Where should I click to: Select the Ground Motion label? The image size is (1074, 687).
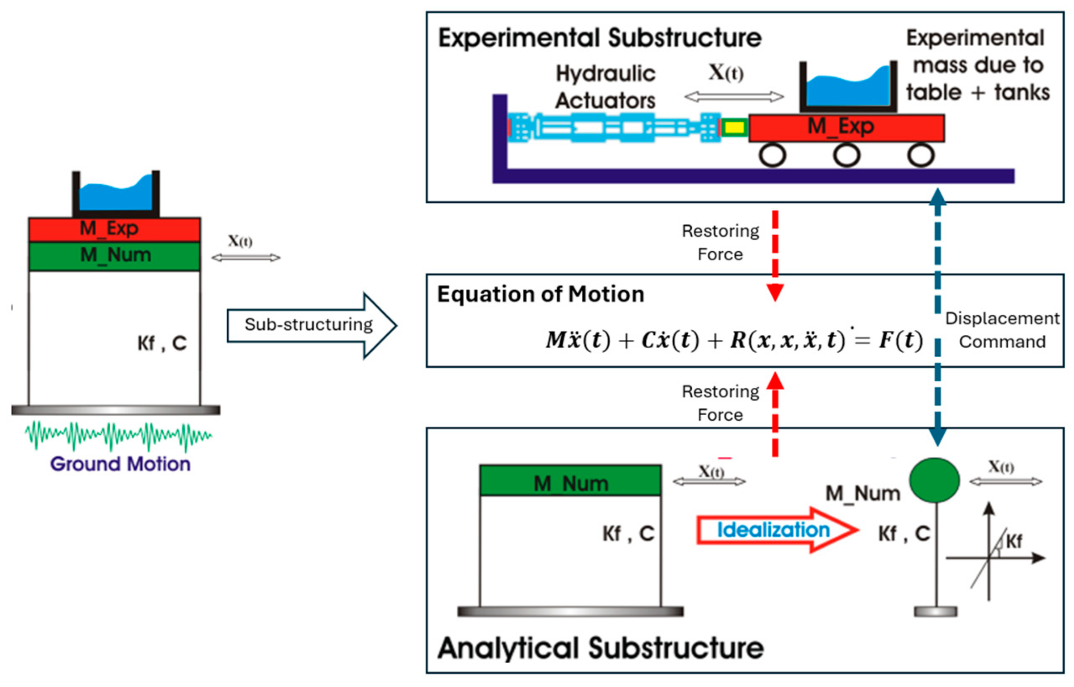click(x=120, y=464)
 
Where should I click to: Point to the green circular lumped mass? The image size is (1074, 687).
click(x=934, y=480)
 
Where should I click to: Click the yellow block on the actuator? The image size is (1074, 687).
click(x=734, y=127)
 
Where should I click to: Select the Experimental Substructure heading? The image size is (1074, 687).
click(x=600, y=38)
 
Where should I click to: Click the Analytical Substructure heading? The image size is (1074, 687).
click(x=600, y=648)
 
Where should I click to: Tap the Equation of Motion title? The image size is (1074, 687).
click(x=540, y=294)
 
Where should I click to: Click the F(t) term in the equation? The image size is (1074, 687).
click(x=900, y=340)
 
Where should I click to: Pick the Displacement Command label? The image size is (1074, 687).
click(x=1002, y=330)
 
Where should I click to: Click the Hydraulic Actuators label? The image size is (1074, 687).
click(x=605, y=87)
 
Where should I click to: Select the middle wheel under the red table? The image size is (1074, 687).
click(x=846, y=155)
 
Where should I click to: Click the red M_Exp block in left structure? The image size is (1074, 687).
click(x=114, y=229)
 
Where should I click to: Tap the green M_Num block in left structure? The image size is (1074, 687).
click(x=114, y=256)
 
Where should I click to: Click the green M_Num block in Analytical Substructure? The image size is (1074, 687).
click(x=570, y=480)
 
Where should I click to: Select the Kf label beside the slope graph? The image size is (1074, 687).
click(x=1014, y=541)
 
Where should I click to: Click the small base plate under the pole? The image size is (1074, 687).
click(x=935, y=611)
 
